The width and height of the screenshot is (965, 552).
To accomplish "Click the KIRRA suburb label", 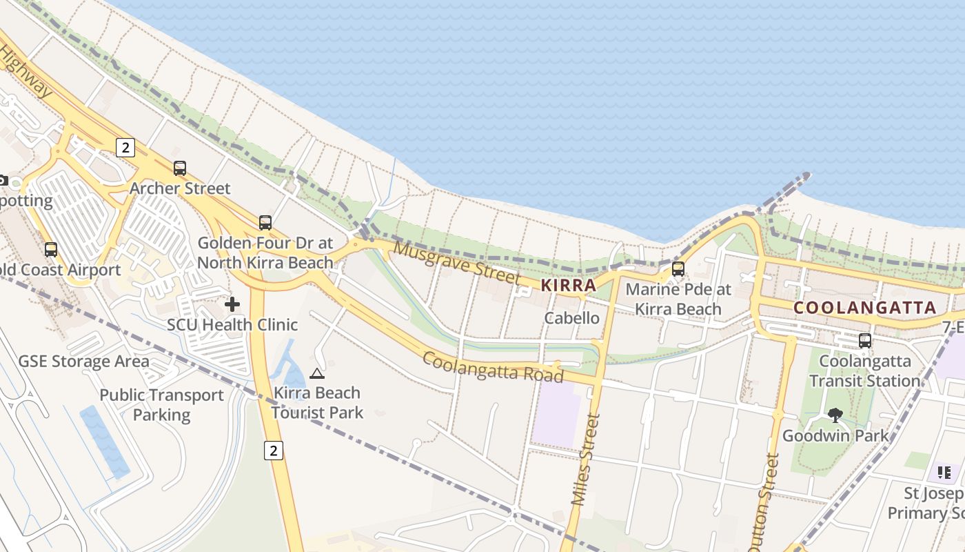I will (569, 285).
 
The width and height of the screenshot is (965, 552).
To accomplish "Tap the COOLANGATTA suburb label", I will (865, 308).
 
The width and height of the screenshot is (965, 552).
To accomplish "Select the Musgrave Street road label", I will (456, 263).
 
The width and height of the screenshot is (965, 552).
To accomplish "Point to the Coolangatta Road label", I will (493, 366).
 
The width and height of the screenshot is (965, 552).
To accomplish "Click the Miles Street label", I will (587, 459).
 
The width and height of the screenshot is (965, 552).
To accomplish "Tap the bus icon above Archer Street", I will (180, 168).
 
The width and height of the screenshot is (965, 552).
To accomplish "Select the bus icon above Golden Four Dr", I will (265, 222).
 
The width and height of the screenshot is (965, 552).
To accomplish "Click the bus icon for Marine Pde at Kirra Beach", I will (678, 269).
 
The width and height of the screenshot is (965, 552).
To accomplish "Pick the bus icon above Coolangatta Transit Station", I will (865, 340).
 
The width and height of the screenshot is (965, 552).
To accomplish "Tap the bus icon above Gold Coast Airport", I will (51, 249).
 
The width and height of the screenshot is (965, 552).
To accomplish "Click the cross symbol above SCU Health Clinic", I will (232, 304).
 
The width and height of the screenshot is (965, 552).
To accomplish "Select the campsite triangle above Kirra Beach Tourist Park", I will (316, 374).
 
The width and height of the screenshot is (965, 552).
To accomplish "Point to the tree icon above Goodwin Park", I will (835, 415).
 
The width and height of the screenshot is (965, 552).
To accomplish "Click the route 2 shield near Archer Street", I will (125, 147).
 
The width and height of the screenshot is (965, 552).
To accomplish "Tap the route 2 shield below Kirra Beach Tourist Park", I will (274, 451).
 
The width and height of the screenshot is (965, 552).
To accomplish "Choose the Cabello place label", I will (571, 318).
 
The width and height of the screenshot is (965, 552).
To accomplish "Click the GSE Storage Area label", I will (83, 362).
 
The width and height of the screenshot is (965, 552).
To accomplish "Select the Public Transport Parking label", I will (162, 405).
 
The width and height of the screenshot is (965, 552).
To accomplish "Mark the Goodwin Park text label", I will (835, 436).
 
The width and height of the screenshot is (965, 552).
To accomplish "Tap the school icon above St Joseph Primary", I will (944, 473).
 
